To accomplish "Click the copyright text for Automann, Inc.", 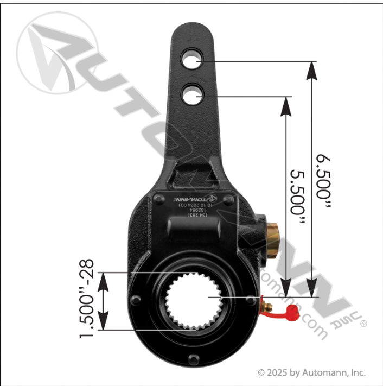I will click(311, 373).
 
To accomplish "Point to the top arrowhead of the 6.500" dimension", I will click(311, 71).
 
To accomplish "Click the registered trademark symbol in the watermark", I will click(363, 324).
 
